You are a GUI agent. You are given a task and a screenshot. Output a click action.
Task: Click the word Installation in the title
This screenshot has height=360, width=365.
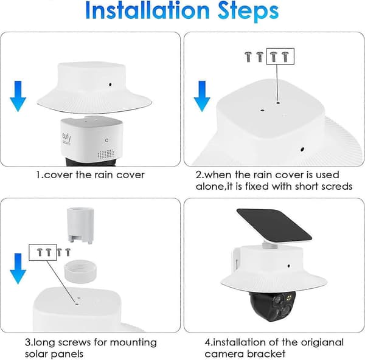pos(148,11)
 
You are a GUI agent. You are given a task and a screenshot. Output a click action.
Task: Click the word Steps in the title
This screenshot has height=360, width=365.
pos(248,12)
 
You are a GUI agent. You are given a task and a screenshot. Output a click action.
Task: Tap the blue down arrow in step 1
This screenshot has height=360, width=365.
pos(18,96)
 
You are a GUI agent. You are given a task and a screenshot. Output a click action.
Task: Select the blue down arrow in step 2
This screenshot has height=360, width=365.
pos(202,96)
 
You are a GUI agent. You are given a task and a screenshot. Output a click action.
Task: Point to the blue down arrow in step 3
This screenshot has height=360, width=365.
pos(18,269)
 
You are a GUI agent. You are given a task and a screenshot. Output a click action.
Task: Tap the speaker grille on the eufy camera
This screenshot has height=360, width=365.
pos(106,154)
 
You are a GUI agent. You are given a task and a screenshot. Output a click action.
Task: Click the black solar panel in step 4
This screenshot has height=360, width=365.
pos(274,225)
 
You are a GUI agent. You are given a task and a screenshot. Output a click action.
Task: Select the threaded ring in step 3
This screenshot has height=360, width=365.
pos(80,271)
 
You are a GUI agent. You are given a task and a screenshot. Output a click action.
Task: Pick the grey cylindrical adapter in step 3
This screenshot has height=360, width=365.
pos(80,226)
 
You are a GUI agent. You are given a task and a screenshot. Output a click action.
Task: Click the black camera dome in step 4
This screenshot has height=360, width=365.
pos(273,306)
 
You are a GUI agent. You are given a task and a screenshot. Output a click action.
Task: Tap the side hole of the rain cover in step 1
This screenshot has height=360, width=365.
pos(110,85)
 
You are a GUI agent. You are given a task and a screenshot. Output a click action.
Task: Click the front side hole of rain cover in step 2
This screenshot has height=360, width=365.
pos(302,149)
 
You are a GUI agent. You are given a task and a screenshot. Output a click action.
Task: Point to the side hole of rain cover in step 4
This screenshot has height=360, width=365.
pos(288,266)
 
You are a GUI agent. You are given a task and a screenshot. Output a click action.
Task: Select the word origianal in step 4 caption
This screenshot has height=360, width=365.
pos(322,342)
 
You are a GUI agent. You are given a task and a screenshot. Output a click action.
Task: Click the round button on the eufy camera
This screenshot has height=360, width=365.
pos(106,140)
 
